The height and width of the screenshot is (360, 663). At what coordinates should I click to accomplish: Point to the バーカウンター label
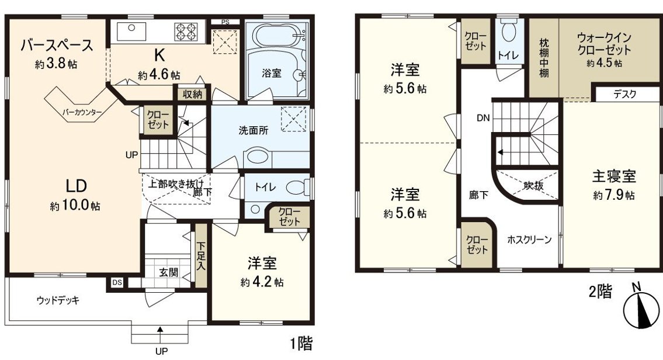[x=82, y=112]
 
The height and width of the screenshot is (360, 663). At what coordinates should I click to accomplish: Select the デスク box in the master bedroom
[x=624, y=94]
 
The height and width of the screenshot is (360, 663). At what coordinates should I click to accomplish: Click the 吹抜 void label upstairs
[x=533, y=186]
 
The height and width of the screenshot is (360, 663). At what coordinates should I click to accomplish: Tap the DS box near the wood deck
[x=117, y=283]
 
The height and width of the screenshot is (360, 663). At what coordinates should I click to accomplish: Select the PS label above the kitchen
[x=225, y=22]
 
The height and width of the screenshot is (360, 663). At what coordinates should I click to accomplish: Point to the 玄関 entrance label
[x=168, y=272]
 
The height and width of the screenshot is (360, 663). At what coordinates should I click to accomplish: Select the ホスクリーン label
[x=529, y=240]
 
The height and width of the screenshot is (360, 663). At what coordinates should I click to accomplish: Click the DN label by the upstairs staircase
[x=483, y=118]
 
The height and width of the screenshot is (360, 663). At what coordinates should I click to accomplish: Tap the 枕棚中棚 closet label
[x=543, y=57]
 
